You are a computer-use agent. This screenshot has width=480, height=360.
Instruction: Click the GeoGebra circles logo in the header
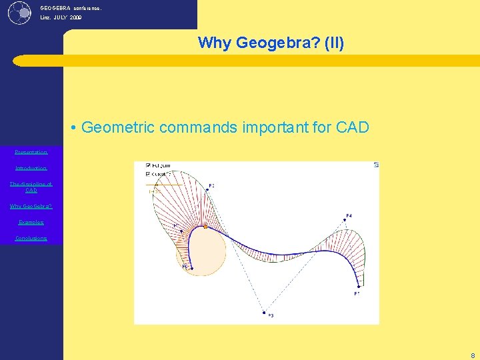[20, 12]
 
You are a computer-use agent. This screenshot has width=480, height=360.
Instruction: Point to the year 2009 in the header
[75, 18]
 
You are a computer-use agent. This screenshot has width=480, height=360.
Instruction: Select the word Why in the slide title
[213, 43]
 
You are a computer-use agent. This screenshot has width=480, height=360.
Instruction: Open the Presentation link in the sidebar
[31, 152]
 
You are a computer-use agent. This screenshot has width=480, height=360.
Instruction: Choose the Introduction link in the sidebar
[31, 168]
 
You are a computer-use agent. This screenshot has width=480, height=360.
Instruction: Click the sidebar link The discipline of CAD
[31, 187]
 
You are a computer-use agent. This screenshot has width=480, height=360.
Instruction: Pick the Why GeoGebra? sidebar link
[31, 206]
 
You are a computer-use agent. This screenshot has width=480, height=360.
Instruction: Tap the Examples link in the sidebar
[31, 222]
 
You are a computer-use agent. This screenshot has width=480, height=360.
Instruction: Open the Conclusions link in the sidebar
[31, 238]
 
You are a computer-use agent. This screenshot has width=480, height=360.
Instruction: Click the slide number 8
[473, 356]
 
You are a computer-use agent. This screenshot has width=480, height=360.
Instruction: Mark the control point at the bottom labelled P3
[265, 312]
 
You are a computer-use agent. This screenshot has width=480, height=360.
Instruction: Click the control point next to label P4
[343, 221]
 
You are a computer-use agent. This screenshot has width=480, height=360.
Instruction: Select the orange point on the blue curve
[205, 227]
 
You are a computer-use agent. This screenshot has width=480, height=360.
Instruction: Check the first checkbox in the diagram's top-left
[147, 165]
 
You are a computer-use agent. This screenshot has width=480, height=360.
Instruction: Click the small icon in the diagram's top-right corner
[376, 165]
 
